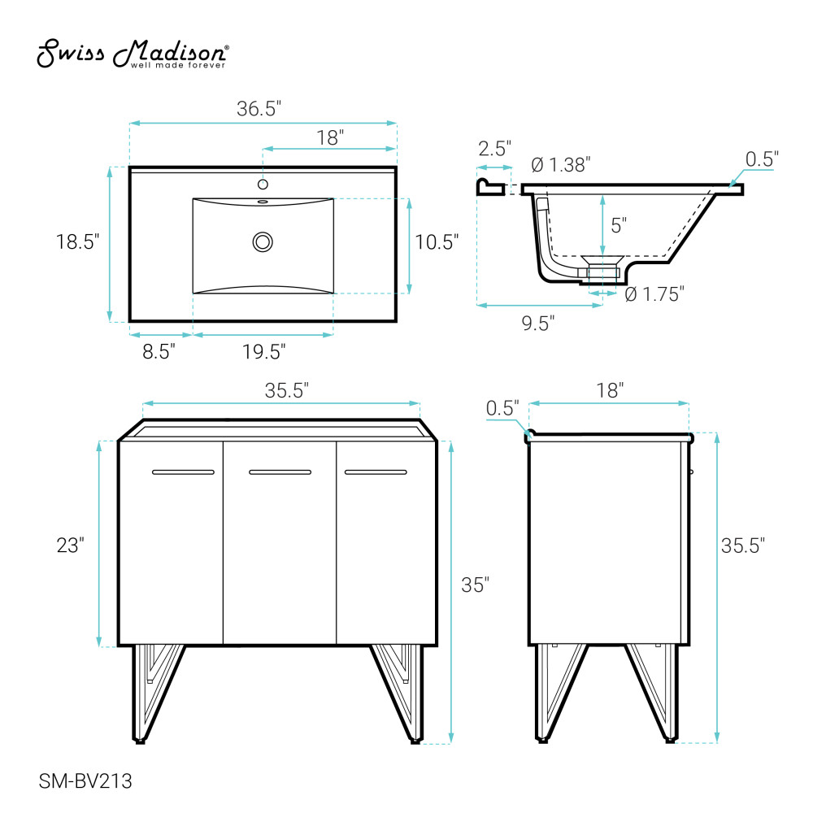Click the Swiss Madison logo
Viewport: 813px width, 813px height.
point(133,53)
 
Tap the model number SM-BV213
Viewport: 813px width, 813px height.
point(85,780)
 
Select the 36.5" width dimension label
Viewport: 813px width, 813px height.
point(259,108)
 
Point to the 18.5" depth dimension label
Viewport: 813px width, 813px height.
point(77,241)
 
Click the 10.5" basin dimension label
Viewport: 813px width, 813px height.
point(437,241)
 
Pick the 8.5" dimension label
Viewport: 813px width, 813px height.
point(159,351)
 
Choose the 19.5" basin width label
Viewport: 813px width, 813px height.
point(264,351)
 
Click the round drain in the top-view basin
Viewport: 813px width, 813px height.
point(263,242)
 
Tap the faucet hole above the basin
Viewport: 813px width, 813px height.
point(263,184)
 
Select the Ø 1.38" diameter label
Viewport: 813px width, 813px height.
point(561,165)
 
